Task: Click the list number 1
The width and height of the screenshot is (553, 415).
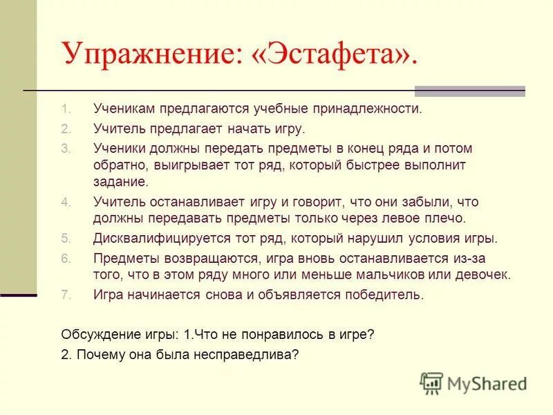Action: pos(65,109)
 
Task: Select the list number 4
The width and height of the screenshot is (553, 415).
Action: pos(65,203)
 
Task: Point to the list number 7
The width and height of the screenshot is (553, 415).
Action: pos(65,295)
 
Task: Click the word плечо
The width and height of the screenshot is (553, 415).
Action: pos(447,219)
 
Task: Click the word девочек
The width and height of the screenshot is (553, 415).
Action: pos(482,275)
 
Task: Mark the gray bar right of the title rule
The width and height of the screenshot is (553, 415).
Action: pos(469,91)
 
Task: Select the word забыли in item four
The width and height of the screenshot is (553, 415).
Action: pos(422,203)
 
